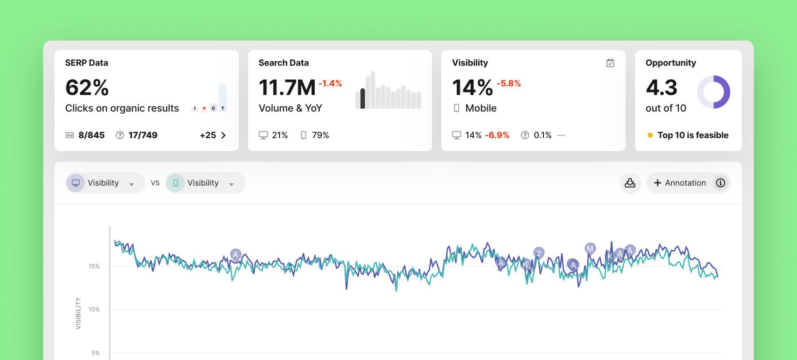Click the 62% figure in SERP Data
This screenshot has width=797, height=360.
click(87, 88)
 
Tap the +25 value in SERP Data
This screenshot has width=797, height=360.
click(208, 135)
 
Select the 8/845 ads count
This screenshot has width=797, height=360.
click(91, 135)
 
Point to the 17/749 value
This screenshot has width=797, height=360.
click(143, 135)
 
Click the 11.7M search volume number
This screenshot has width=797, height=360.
click(287, 88)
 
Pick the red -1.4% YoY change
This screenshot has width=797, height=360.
click(330, 83)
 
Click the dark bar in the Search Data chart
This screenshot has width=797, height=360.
click(363, 98)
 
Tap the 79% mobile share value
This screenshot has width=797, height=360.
click(320, 135)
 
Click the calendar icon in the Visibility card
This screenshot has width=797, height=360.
click(610, 63)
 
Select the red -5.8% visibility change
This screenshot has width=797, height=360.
click(509, 83)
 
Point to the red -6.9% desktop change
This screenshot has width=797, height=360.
click(497, 135)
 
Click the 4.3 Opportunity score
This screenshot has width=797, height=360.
click(662, 88)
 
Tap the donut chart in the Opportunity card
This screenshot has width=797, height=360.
click(713, 92)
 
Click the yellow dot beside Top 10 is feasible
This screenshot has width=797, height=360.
click(650, 135)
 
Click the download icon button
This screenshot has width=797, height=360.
click(630, 183)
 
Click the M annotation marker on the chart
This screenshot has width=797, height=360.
click(590, 249)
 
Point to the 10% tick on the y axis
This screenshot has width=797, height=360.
click(94, 310)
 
